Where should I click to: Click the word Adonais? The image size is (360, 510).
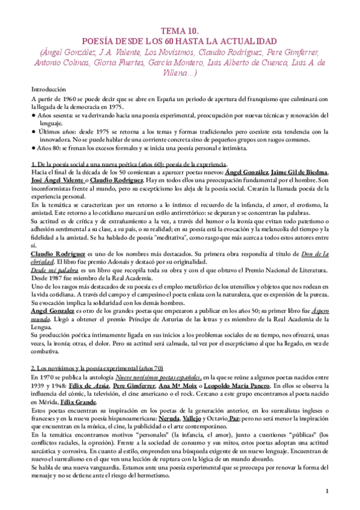[x=194, y=262]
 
